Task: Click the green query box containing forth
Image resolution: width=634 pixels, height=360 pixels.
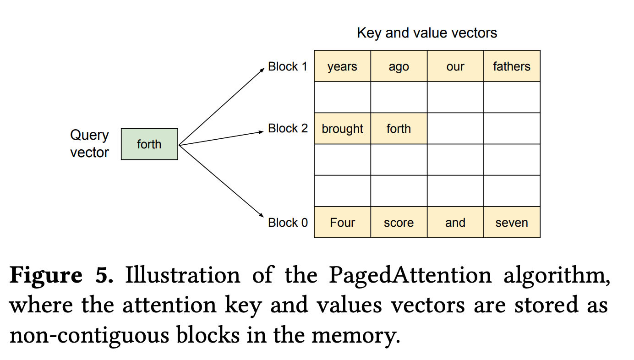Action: [x=149, y=144]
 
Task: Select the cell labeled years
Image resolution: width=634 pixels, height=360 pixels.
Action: [x=342, y=66]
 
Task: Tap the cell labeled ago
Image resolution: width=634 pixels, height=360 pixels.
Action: [x=399, y=66]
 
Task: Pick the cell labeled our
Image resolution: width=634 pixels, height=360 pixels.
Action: [x=455, y=66]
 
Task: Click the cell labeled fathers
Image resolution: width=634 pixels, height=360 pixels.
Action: [x=512, y=66]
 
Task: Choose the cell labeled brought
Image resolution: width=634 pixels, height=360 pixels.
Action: [x=342, y=129]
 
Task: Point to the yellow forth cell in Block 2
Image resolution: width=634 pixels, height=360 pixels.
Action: [x=399, y=129]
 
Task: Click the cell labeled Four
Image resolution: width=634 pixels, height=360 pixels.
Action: [x=342, y=223]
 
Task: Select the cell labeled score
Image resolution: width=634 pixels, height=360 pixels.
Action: [x=399, y=223]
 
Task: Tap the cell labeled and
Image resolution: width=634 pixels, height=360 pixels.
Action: [x=455, y=223]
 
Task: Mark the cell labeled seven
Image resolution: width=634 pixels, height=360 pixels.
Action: [x=512, y=223]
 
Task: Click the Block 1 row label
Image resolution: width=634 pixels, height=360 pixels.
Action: [x=288, y=66]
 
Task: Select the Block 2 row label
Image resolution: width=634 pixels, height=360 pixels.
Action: [x=288, y=128]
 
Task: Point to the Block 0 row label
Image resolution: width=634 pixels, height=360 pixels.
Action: [x=288, y=223]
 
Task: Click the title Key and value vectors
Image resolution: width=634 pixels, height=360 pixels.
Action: [x=426, y=33]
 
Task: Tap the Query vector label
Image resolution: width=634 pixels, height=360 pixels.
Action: [x=89, y=144]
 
